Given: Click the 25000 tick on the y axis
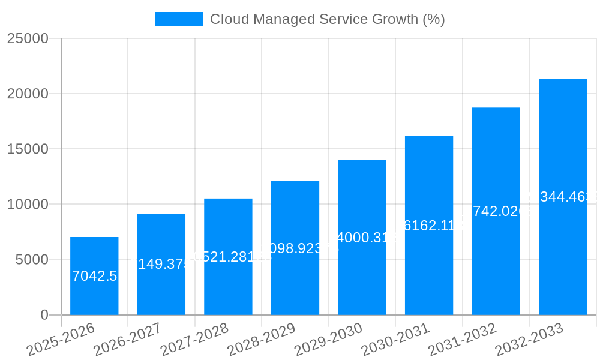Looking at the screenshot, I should pyautogui.click(x=28, y=38).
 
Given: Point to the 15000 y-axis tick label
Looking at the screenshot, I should pyautogui.click(x=28, y=149).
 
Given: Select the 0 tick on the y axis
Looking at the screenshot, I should pyautogui.click(x=44, y=315).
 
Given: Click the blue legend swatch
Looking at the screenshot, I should pyautogui.click(x=178, y=19).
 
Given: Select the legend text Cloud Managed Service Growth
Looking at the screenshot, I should pyautogui.click(x=327, y=19).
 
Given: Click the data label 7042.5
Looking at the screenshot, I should pyautogui.click(x=94, y=276).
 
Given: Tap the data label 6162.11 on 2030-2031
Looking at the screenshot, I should pyautogui.click(x=428, y=226).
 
